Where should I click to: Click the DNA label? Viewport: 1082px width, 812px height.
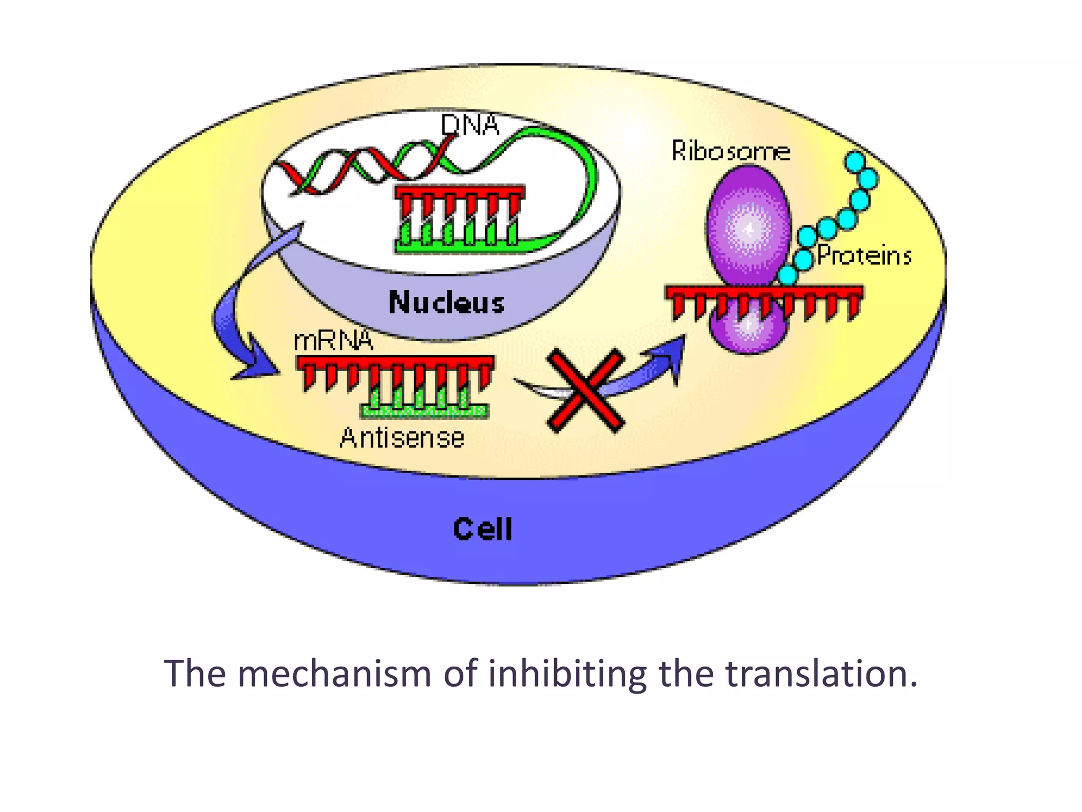point(470,125)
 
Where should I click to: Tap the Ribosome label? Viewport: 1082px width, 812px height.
point(730,151)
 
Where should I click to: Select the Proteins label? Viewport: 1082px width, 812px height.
point(864,256)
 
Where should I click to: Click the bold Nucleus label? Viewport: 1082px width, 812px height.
point(446,303)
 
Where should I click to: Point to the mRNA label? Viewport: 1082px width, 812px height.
point(333,341)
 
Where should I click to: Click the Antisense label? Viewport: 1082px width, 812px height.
point(402,438)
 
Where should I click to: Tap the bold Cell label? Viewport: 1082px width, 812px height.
point(482,529)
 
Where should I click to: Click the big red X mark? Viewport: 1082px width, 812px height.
point(585,390)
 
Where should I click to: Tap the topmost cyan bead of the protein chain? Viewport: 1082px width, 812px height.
point(855,161)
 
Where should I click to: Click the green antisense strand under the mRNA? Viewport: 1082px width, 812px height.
point(424,410)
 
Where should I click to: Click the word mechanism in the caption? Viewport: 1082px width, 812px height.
point(334,674)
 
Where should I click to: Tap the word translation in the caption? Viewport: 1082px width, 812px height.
point(820,674)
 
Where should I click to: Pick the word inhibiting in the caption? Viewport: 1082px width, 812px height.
point(567,674)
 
